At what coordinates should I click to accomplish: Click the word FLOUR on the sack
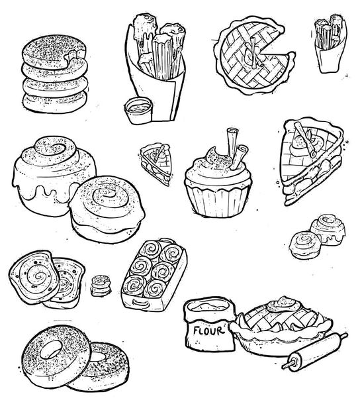point(209,331)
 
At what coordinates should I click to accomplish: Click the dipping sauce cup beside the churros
point(138,111)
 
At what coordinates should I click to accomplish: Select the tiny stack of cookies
point(101,285)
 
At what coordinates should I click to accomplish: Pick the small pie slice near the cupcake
point(156,164)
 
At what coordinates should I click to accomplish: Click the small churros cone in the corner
point(331,44)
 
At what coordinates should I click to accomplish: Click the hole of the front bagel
point(51,350)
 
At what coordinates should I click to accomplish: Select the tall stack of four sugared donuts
point(55,74)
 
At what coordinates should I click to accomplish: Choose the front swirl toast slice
point(34,278)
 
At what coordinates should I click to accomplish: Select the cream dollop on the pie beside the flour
point(283,304)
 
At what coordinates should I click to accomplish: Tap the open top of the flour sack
point(209,307)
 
